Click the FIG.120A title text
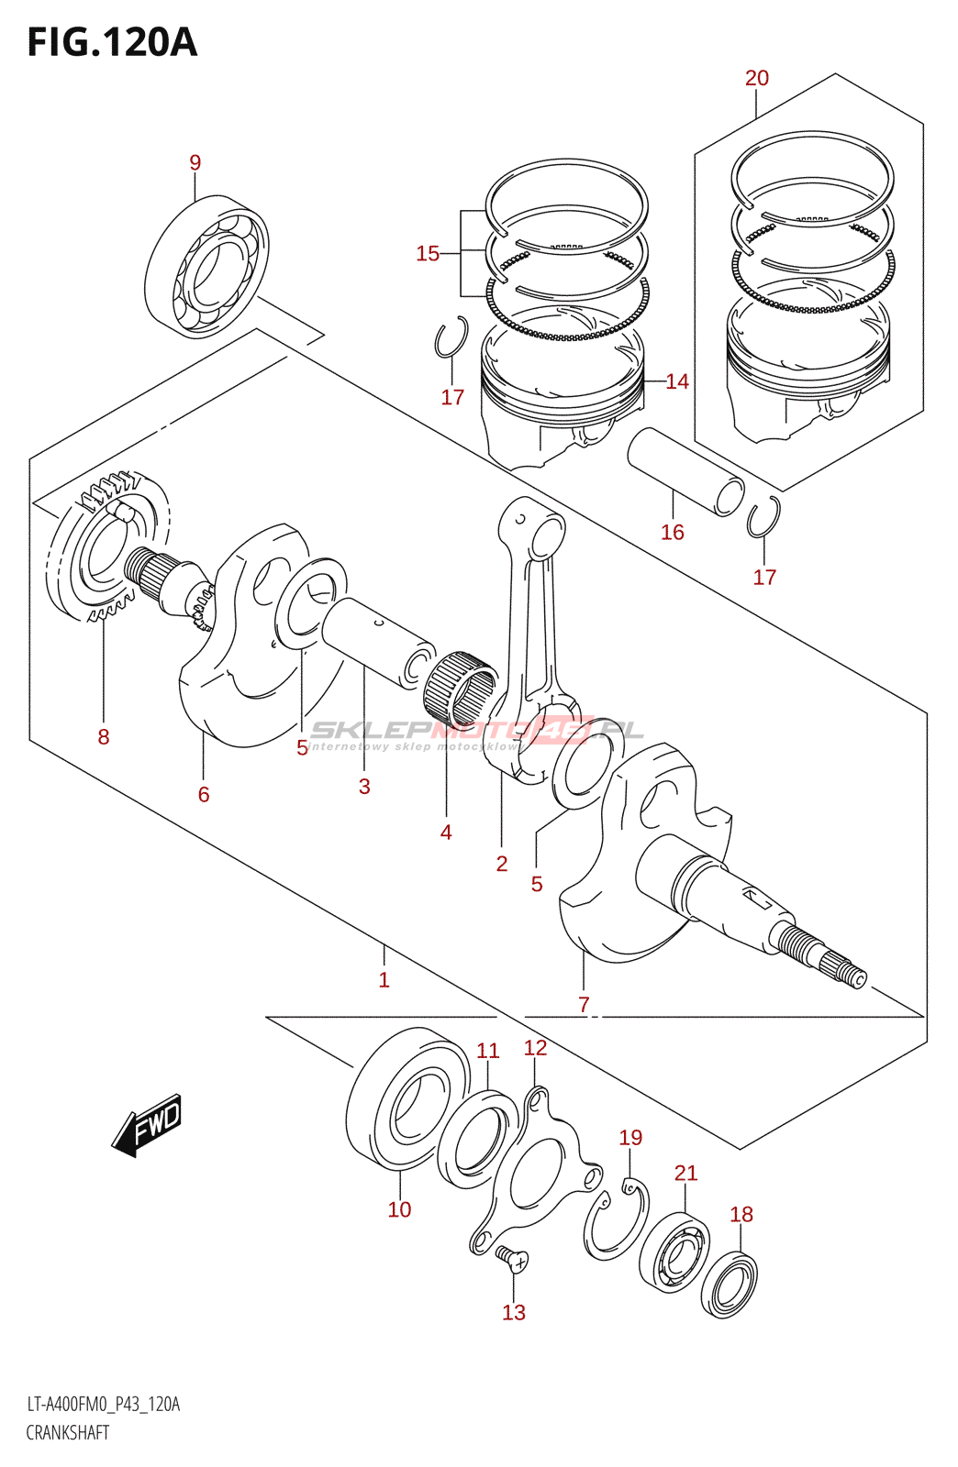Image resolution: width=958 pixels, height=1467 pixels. (x=112, y=42)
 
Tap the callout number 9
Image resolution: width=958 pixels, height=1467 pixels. (x=195, y=162)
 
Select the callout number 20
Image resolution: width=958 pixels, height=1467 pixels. (x=757, y=78)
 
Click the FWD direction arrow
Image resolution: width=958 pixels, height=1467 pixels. (x=149, y=1124)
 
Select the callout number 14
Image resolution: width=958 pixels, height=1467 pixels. (x=677, y=381)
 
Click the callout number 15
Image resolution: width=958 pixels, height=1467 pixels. (x=428, y=253)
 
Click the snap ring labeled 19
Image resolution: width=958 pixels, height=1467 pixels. (x=617, y=1222)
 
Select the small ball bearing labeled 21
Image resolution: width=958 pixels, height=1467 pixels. (x=674, y=1252)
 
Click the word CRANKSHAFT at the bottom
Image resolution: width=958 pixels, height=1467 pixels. (x=68, y=1432)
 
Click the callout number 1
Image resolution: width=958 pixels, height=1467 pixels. (x=384, y=979)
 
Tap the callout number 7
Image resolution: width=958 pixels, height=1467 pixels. (x=584, y=1004)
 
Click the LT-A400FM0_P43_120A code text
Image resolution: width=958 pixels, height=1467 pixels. (x=103, y=1404)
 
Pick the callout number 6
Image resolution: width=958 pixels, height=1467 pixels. (x=204, y=794)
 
